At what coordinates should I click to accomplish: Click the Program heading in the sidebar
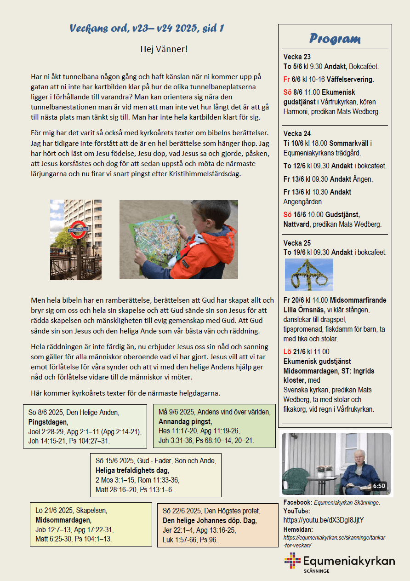tap(335, 38)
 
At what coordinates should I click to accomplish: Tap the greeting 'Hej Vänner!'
tap(164, 49)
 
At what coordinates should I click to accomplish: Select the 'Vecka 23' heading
tap(297, 57)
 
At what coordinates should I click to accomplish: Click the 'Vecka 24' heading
tap(297, 134)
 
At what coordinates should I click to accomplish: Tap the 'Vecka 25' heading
tap(297, 243)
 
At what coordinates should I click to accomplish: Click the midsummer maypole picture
tap(309, 275)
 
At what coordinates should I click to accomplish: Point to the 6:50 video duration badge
tap(379, 486)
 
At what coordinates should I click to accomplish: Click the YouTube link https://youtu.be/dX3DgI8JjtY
tap(324, 520)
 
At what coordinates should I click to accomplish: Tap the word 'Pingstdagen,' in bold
tap(48, 422)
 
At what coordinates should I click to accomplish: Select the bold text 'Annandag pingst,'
tap(185, 421)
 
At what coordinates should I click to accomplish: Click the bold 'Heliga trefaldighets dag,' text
tap(132, 471)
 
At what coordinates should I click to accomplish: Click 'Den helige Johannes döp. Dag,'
tap(210, 521)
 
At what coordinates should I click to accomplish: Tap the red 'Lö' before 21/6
tap(288, 352)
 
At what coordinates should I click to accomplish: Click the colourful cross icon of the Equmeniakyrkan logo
tap(292, 561)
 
